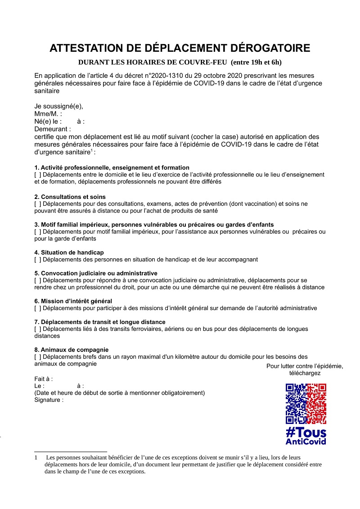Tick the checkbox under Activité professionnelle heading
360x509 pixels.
38,175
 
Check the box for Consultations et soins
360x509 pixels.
38,204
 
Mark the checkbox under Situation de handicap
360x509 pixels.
38,260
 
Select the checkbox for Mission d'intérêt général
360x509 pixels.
38,308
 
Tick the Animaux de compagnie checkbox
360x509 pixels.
38,357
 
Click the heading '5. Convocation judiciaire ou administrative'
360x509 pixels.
96,273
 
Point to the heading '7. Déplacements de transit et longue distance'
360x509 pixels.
100,322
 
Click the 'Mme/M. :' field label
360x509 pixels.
48,114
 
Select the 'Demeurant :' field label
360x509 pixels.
53,129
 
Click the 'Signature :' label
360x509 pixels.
49,400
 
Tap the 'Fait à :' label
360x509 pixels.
44,379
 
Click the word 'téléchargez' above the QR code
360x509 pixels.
305,373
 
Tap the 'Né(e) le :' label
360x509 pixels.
47,122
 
